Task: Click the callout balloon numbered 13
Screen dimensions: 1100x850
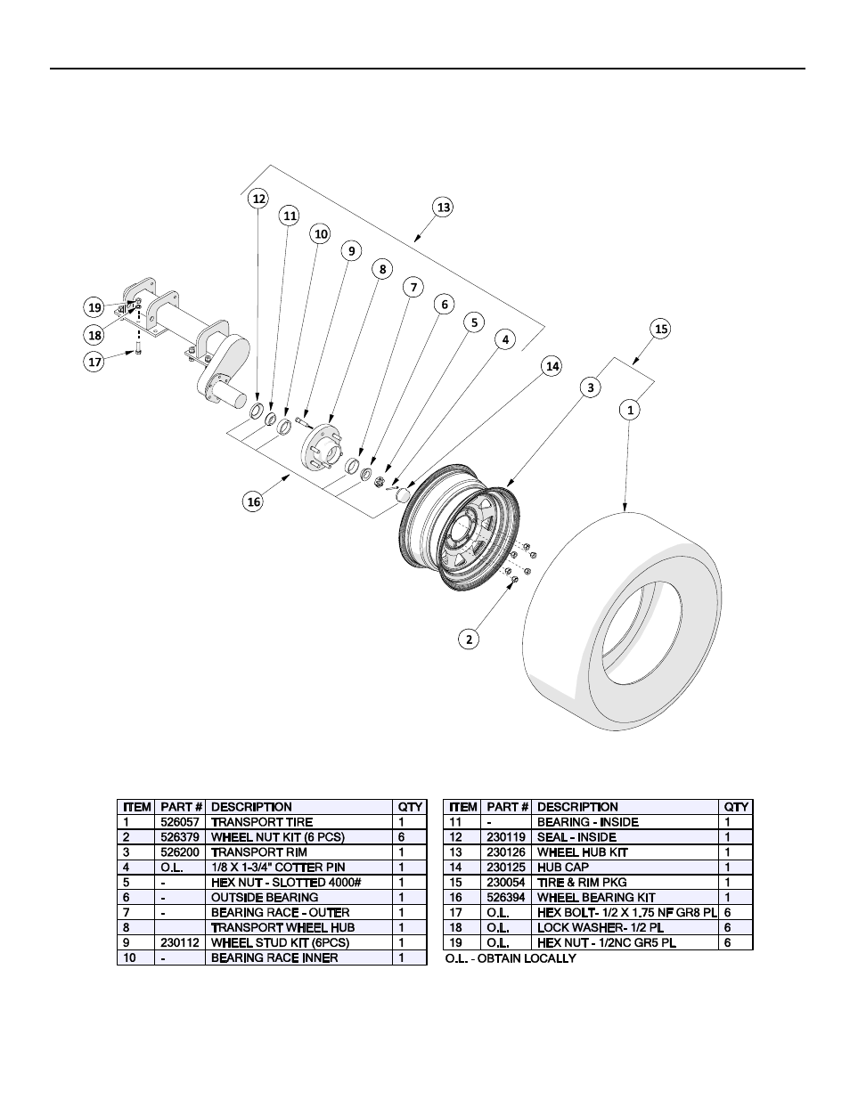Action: (x=443, y=207)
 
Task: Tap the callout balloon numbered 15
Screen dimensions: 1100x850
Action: (x=660, y=329)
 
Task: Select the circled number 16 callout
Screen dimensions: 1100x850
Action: (x=254, y=502)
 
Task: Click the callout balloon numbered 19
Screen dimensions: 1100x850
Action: (x=94, y=307)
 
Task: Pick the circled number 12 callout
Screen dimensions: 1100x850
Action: (x=258, y=199)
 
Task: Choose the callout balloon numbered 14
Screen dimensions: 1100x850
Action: (x=552, y=365)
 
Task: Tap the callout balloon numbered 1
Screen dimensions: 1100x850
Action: (x=630, y=410)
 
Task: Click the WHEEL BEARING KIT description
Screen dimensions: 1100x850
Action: (x=584, y=898)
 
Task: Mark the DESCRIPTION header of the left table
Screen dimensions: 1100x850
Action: (x=251, y=807)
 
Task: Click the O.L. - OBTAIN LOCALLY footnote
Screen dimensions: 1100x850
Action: (x=510, y=958)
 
